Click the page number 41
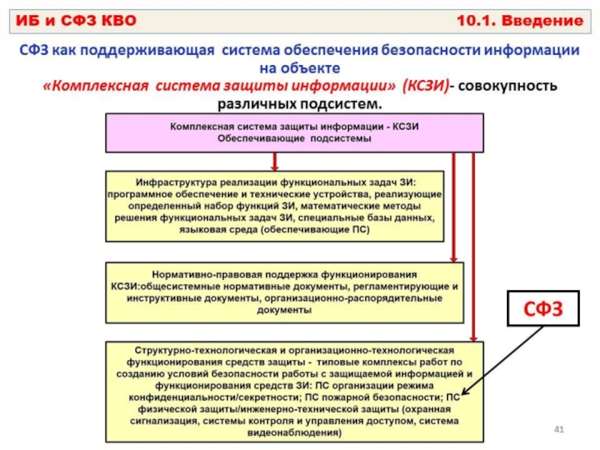559,429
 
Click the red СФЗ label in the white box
543,309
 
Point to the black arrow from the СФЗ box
502,360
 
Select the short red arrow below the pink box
274,161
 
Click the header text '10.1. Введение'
520,21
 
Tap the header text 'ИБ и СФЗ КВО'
76,21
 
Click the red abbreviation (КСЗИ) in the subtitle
425,85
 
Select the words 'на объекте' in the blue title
299,68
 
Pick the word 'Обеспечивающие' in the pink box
261,139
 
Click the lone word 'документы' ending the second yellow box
284,310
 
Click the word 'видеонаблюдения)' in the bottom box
294,433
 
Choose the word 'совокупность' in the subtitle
508,85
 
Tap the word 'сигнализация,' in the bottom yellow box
164,421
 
